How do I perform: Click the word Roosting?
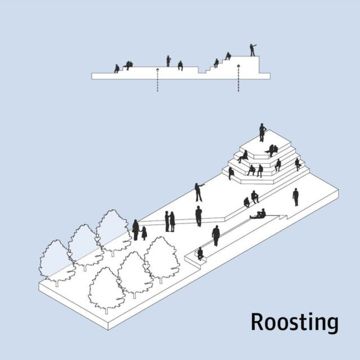(x=294, y=323)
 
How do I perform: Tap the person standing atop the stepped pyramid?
(x=262, y=132)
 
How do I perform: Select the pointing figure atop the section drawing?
(x=253, y=50)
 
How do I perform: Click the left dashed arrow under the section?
(x=157, y=80)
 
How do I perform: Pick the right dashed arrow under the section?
(x=238, y=78)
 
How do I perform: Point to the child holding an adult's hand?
(x=144, y=233)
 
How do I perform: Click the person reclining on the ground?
(x=258, y=214)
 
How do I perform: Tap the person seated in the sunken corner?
(x=200, y=254)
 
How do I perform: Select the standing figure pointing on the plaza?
(x=199, y=192)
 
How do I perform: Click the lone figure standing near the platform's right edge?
(x=296, y=197)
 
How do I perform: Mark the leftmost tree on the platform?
(x=57, y=263)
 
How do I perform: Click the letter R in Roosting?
(x=258, y=322)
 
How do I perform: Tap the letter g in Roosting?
(x=332, y=325)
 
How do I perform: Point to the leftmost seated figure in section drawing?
(x=117, y=69)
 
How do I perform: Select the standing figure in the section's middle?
(x=168, y=61)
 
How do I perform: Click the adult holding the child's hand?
(x=136, y=230)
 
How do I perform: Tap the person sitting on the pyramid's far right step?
(x=297, y=164)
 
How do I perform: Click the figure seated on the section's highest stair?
(x=228, y=56)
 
